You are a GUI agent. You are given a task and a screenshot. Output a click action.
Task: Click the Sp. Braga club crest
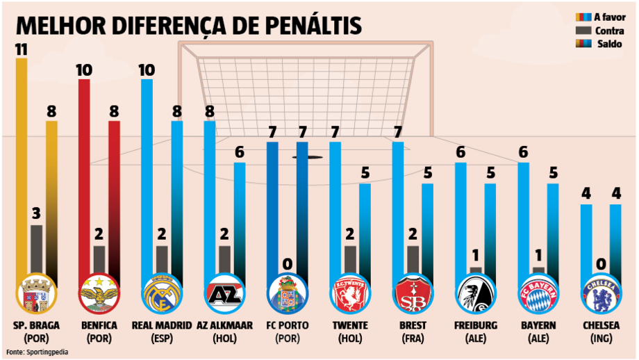(x=36, y=295)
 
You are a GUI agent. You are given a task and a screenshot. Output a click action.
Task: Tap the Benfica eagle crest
(x=99, y=295)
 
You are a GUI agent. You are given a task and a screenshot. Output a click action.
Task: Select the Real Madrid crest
(x=161, y=295)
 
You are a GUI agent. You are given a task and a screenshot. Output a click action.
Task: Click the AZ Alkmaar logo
(x=224, y=295)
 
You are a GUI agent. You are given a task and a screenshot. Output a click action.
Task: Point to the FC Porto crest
(x=287, y=295)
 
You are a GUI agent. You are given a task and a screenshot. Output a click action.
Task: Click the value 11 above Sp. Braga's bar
(x=22, y=49)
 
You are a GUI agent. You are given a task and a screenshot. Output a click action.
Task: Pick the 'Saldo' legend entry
(x=608, y=44)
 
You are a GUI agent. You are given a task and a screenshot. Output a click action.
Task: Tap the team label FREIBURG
(x=475, y=325)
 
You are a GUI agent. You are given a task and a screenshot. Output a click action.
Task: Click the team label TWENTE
(x=349, y=325)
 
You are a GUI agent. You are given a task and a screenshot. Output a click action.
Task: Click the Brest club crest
(x=413, y=295)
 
